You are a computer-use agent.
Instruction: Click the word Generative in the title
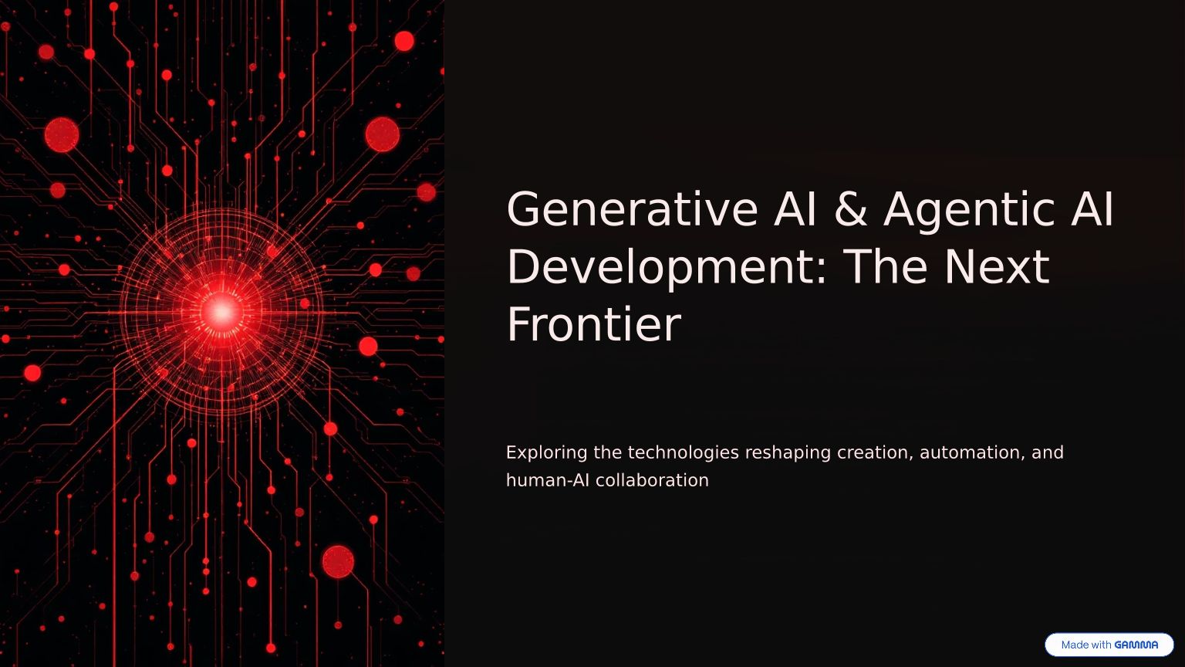tap(633, 210)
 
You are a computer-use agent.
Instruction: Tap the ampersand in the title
tap(851, 210)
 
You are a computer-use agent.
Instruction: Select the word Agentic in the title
tap(969, 212)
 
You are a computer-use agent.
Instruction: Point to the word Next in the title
tap(998, 267)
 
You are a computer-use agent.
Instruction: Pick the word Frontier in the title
tap(594, 324)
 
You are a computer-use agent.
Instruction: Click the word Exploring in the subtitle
tap(546, 453)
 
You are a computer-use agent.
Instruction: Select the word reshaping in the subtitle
tap(788, 453)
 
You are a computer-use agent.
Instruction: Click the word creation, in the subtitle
tap(875, 453)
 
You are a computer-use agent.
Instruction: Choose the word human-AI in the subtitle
tap(548, 481)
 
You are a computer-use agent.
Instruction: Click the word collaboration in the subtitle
tap(652, 481)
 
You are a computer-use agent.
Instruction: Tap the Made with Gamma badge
tap(1109, 645)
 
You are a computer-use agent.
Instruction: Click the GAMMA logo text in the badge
tap(1136, 645)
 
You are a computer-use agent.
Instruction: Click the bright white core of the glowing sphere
tap(221, 313)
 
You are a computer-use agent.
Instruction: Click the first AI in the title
tap(795, 210)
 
